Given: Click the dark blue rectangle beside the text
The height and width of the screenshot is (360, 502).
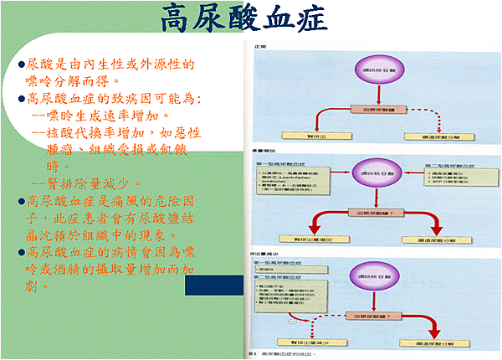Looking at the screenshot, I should point(212,285).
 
